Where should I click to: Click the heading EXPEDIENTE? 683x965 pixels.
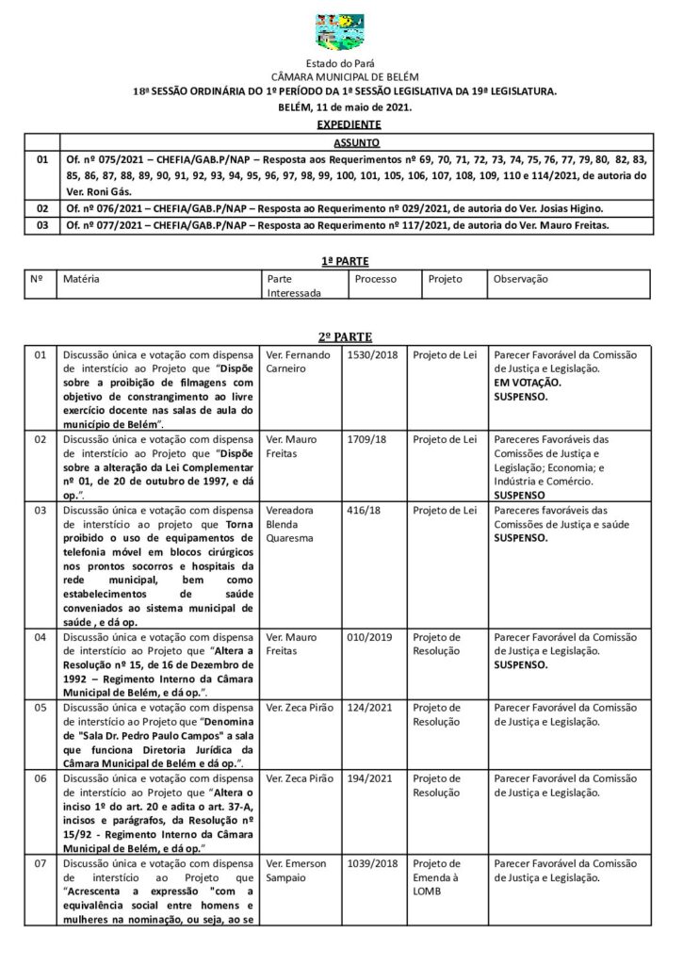(348, 124)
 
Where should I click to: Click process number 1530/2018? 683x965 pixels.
(372, 355)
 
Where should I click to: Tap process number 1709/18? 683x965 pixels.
(366, 440)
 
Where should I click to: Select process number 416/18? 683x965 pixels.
(363, 511)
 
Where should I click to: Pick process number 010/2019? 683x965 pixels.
(368, 638)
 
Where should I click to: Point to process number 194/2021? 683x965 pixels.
(368, 779)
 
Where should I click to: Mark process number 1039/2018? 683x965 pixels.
(372, 864)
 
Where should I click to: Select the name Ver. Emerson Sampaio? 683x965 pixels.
(294, 871)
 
